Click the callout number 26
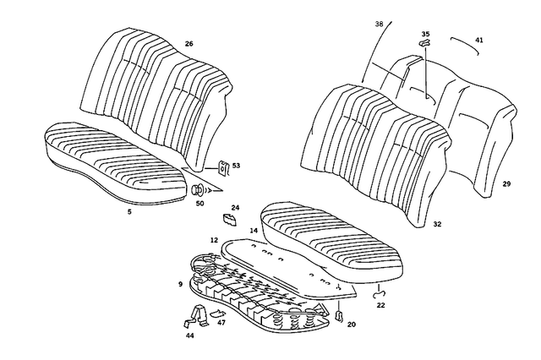[x=189, y=43]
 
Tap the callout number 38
[x=378, y=25]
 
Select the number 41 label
[x=479, y=40]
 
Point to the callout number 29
[x=506, y=183]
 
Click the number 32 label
[x=437, y=226]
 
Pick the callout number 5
[x=129, y=212]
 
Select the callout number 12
[x=214, y=240]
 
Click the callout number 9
[x=180, y=284]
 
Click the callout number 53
[x=236, y=166]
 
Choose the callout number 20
[x=352, y=324]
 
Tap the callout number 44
[x=189, y=336]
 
